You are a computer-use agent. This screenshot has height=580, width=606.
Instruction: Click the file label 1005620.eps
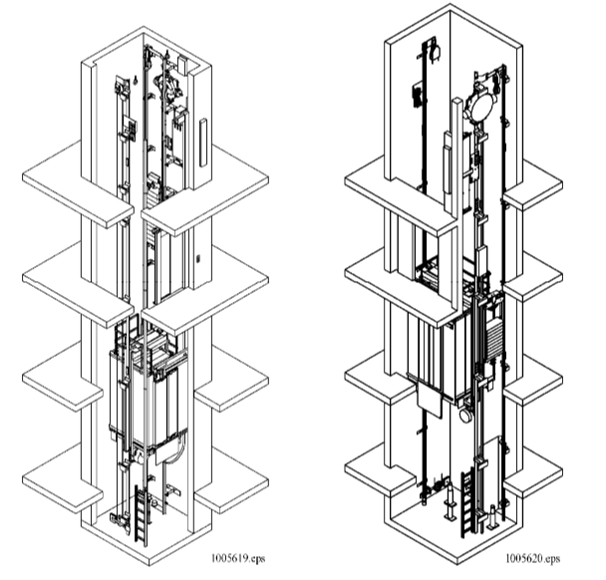coord(532,560)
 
